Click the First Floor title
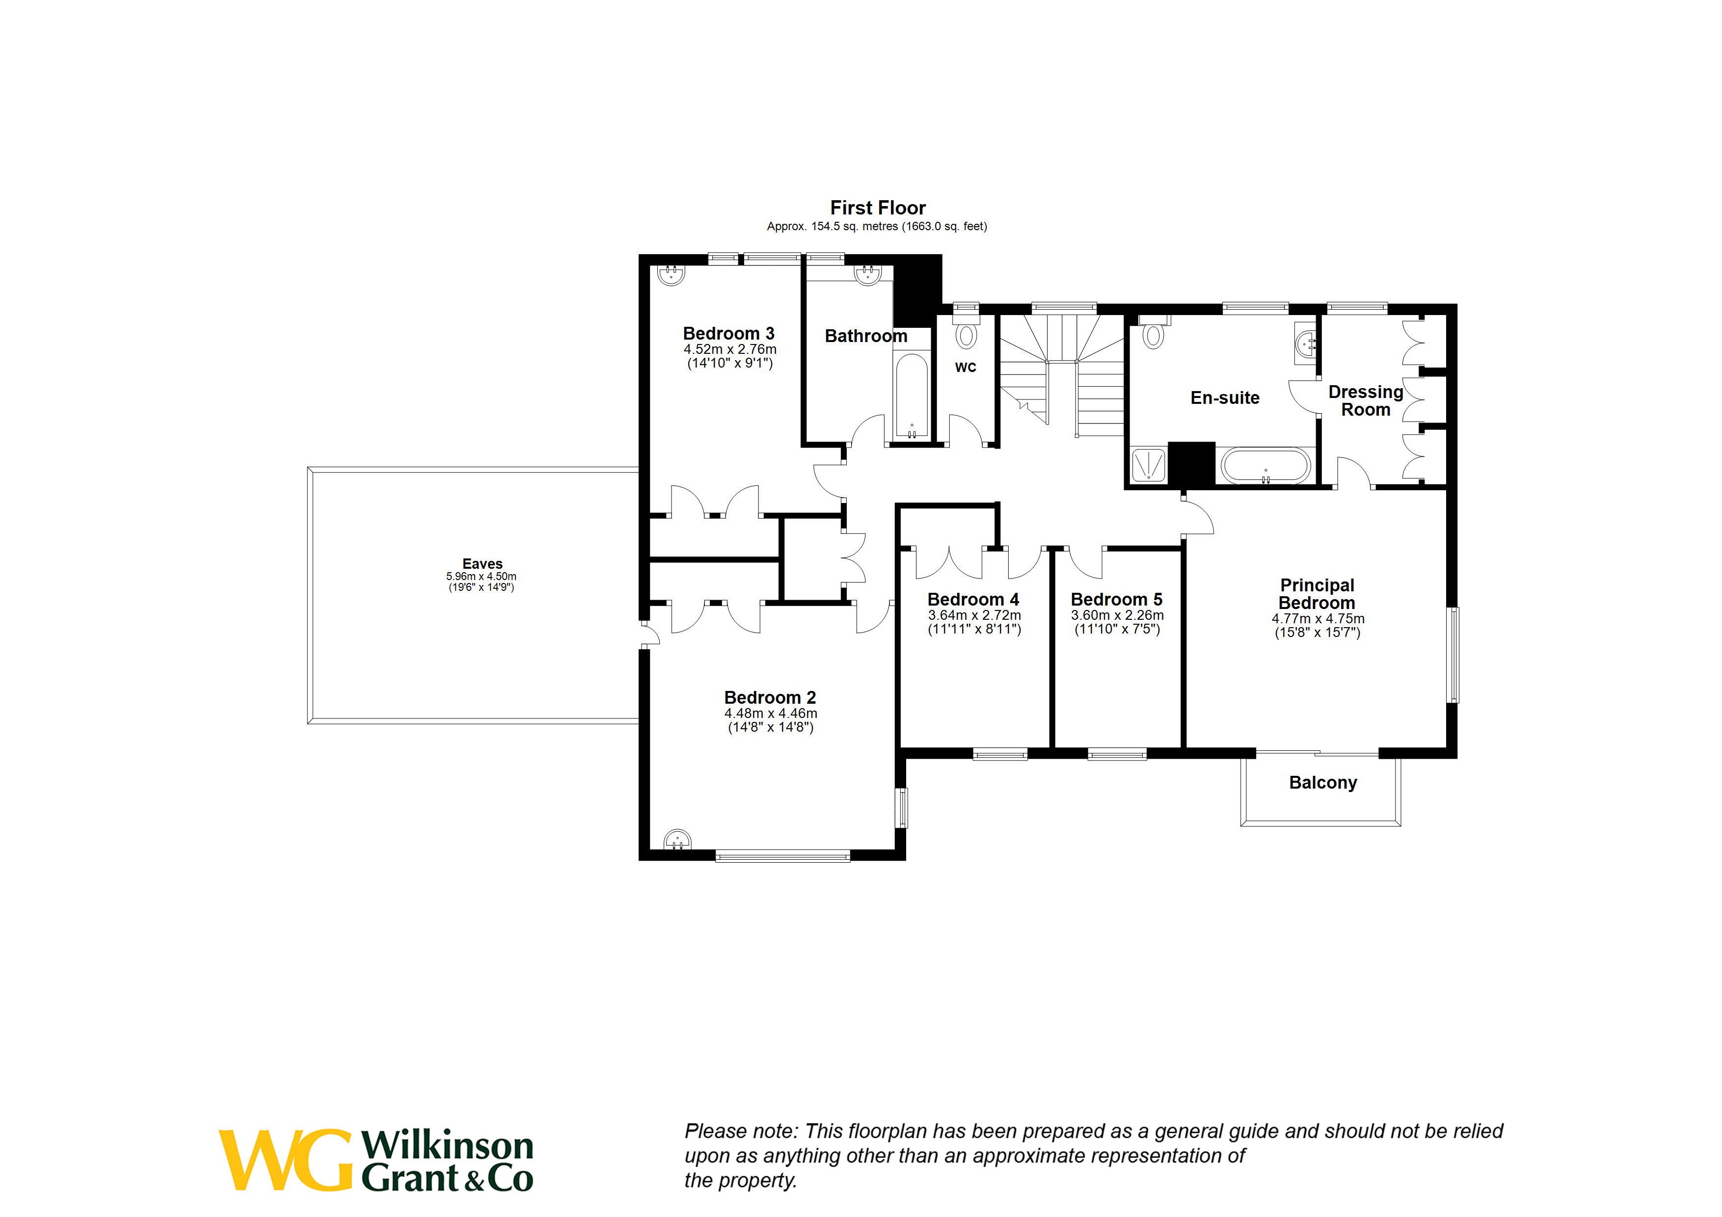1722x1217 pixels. point(878,208)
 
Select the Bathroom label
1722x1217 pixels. point(865,336)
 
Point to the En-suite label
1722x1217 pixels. point(1225,398)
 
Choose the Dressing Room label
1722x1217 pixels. point(1365,400)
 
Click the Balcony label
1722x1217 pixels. point(1322,783)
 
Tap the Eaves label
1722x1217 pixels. point(482,564)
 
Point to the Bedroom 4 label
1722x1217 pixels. point(973,600)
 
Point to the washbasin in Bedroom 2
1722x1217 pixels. point(677,840)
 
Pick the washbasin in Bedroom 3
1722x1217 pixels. point(671,274)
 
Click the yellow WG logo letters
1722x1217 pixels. point(285,1160)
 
